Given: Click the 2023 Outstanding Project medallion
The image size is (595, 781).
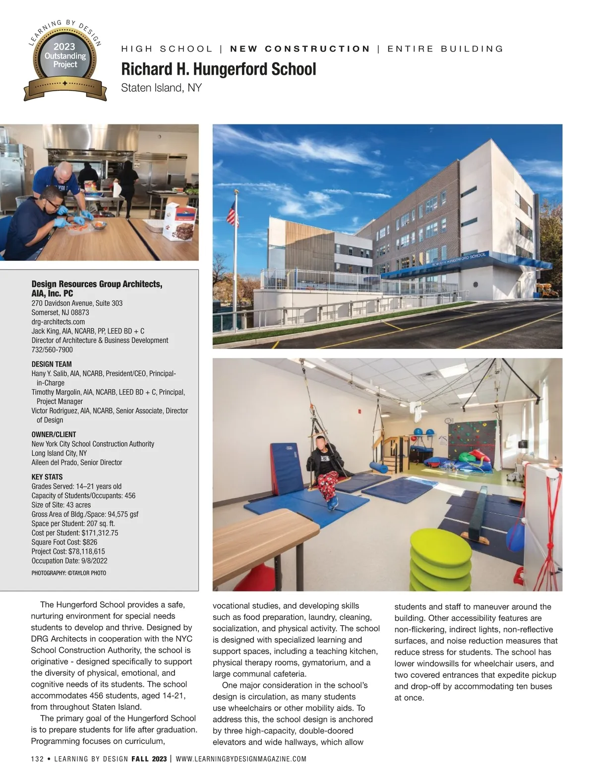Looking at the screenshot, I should [65, 60].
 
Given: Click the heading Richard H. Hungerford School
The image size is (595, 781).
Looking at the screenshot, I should [218, 69].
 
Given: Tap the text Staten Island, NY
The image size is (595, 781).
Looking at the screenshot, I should [161, 88].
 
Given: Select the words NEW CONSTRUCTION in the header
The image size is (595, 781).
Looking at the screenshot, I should [300, 49].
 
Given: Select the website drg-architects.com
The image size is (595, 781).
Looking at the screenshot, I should [58, 322].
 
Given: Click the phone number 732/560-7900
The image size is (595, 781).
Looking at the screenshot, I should [52, 350].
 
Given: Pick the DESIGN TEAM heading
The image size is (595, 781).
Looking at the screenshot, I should [52, 364].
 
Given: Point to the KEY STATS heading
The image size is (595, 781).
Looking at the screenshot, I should [47, 477].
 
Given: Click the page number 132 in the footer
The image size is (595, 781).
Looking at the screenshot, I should [37, 759].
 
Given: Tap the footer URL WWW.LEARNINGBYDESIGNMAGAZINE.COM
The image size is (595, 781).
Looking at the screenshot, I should [241, 759].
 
